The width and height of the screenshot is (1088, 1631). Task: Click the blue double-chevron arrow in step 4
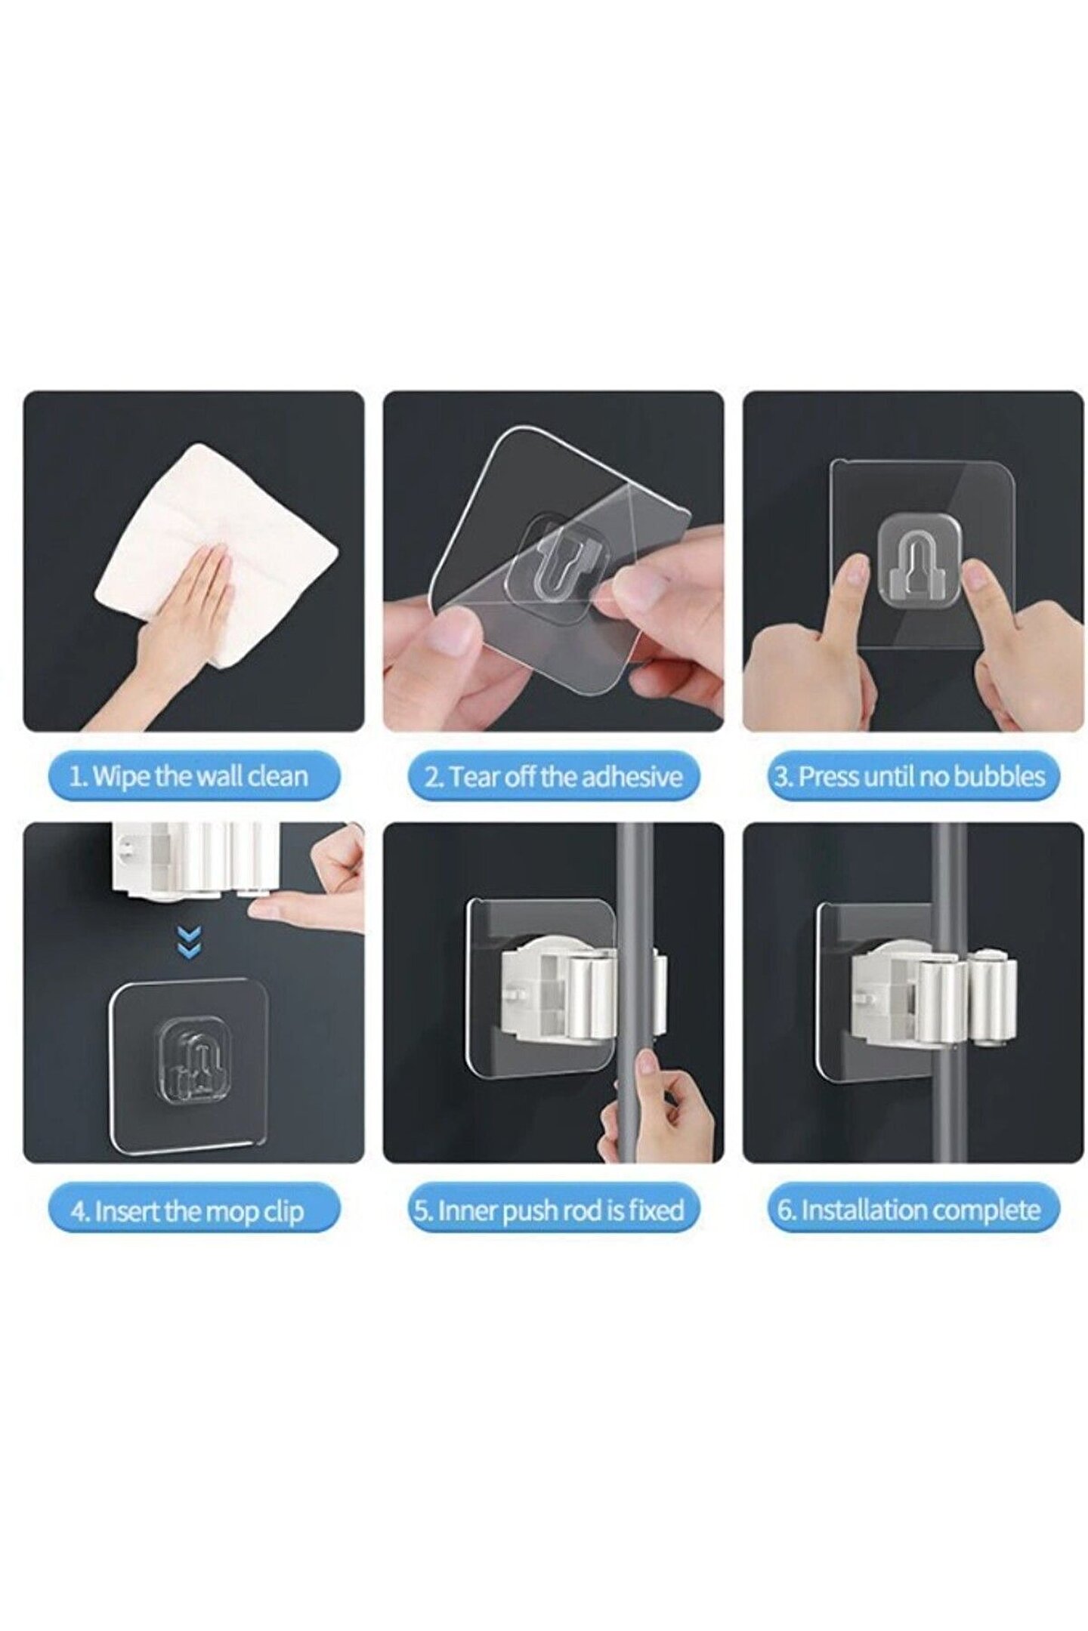[189, 944]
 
